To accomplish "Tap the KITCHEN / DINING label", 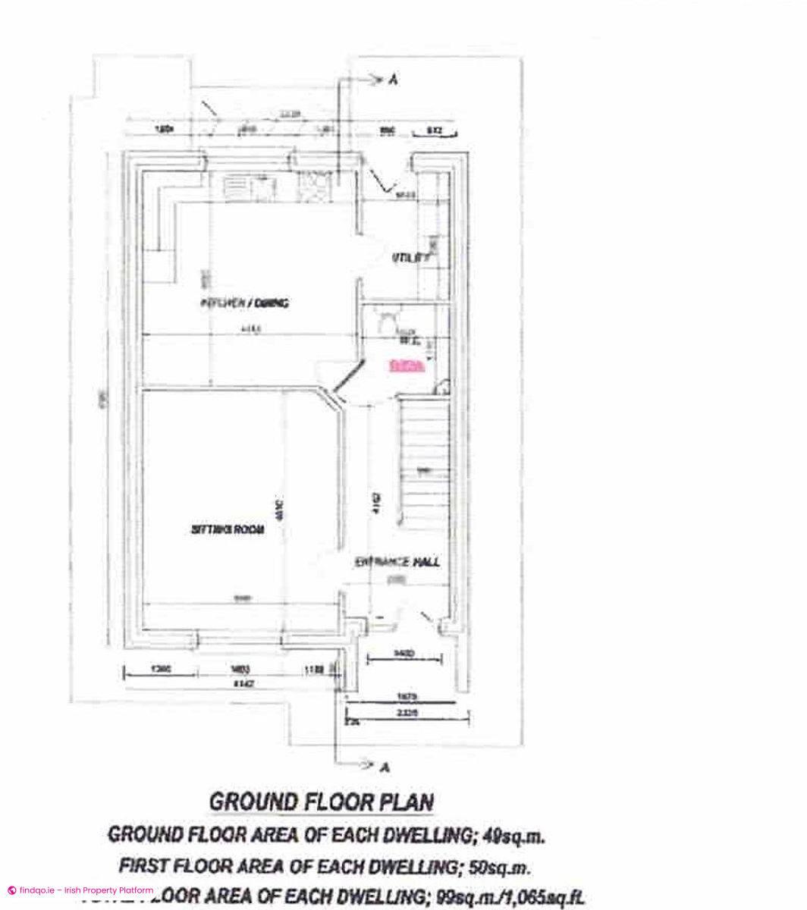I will (x=243, y=303).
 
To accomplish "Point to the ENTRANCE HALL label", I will (x=397, y=563).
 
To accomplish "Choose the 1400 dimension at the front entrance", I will (x=403, y=653).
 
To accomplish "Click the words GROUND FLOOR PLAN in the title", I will (x=321, y=802).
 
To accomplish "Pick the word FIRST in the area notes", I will (x=145, y=865).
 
